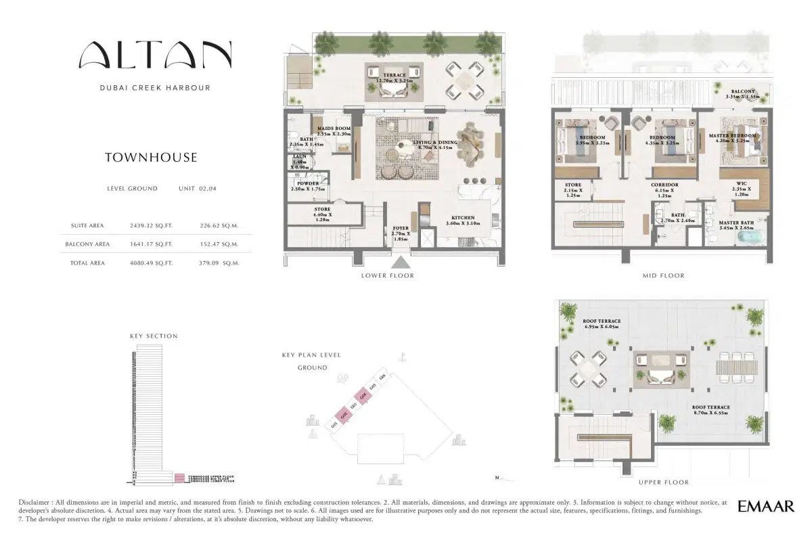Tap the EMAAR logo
[x=766, y=506]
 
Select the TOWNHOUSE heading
[x=151, y=158]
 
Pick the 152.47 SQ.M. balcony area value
[x=219, y=244]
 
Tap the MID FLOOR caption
[x=663, y=275]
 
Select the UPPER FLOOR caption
[x=663, y=482]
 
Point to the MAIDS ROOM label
[x=334, y=129]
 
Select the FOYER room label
[x=401, y=229]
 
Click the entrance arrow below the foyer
[x=401, y=263]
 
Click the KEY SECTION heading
[x=154, y=336]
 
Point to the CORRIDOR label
[x=664, y=184]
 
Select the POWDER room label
[x=308, y=183]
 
